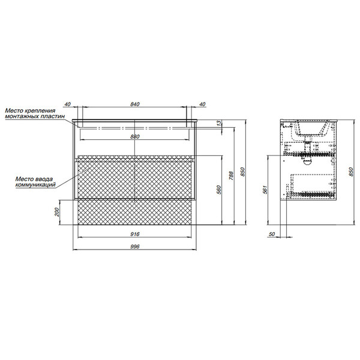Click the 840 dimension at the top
click(x=135, y=104)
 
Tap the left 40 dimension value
click(x=67, y=104)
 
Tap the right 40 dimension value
click(x=202, y=104)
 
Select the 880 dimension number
click(x=135, y=137)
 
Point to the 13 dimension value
click(x=219, y=123)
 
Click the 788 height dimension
click(x=231, y=175)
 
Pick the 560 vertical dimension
click(x=219, y=190)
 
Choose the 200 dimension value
click(x=57, y=212)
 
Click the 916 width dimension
click(x=135, y=234)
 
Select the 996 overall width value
click(x=135, y=247)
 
